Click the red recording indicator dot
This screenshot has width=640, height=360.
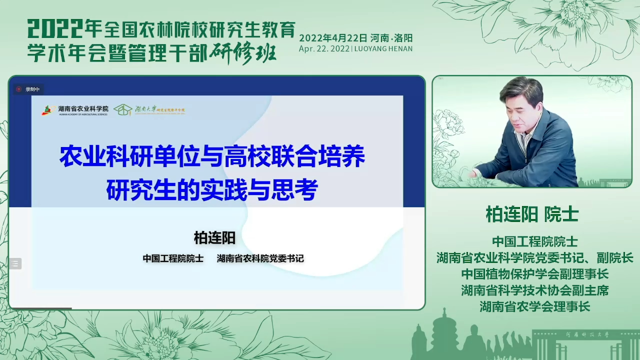pyautogui.click(x=19, y=89)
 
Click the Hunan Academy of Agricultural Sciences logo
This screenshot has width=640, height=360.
pyautogui.click(x=47, y=109)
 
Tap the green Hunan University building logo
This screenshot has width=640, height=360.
pyautogui.click(x=122, y=109)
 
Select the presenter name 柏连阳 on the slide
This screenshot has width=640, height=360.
pyautogui.click(x=214, y=238)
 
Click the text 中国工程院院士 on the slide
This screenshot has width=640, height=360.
pyautogui.click(x=173, y=258)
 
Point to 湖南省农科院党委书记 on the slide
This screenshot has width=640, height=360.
pyautogui.click(x=260, y=258)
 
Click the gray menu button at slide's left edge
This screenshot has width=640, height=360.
pyautogui.click(x=15, y=263)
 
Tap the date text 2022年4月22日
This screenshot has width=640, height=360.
pyautogui.click(x=333, y=38)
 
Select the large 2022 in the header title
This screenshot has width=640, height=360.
pyautogui.click(x=55, y=29)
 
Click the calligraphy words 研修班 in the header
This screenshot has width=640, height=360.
pyautogui.click(x=243, y=52)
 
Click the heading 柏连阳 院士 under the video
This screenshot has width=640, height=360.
pyautogui.click(x=532, y=214)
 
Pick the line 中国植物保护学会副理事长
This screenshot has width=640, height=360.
pyautogui.click(x=534, y=274)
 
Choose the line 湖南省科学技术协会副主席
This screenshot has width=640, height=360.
pyautogui.click(x=534, y=290)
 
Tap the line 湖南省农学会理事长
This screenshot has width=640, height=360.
pyautogui.click(x=534, y=306)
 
